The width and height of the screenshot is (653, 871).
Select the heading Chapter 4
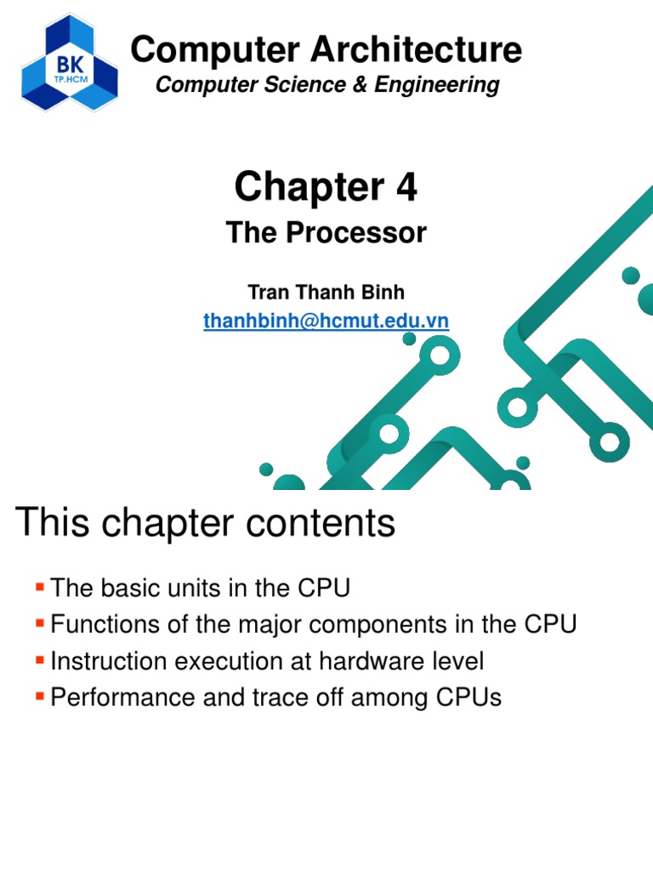[326, 186]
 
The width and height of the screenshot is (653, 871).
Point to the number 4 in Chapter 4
[406, 186]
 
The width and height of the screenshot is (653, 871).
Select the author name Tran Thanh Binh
[326, 293]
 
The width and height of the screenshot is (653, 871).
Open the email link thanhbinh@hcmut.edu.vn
[326, 321]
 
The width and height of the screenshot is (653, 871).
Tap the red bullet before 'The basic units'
[39, 586]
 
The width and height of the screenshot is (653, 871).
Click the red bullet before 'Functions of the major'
[39, 623]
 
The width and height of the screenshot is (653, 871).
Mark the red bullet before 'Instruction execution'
[39, 660]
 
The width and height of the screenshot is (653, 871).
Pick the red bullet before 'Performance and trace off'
[39, 697]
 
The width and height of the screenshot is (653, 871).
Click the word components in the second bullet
[397, 625]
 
